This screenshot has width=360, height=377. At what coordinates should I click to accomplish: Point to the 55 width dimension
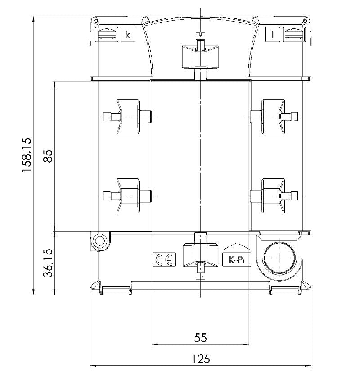pyautogui.click(x=200, y=337)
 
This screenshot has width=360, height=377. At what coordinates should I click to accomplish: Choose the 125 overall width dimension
pyautogui.click(x=200, y=359)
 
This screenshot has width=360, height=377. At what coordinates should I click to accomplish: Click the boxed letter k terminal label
pyautogui.click(x=128, y=35)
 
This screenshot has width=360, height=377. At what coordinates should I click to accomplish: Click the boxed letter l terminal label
pyautogui.click(x=273, y=35)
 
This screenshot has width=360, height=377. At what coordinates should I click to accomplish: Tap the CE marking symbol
pyautogui.click(x=164, y=259)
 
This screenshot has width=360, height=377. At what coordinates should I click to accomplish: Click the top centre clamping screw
pyautogui.click(x=200, y=54)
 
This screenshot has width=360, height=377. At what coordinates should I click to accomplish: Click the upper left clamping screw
pyautogui.click(x=128, y=117)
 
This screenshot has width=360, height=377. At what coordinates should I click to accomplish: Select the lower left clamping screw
pyautogui.click(x=128, y=195)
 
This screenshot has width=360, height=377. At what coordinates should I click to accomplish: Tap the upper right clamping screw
pyautogui.click(x=273, y=117)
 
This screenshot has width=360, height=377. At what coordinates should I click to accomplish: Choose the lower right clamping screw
pyautogui.click(x=273, y=195)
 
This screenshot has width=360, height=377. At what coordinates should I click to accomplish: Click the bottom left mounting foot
pyautogui.click(x=115, y=290)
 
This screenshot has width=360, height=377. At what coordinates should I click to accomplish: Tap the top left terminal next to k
pyautogui.click(x=107, y=35)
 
